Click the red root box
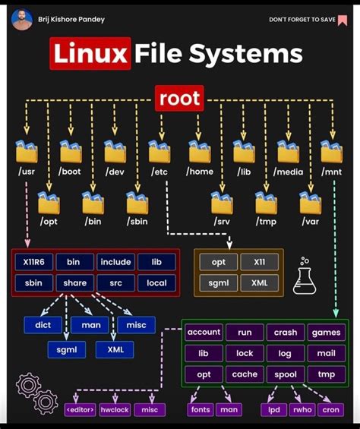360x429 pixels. pos(179,98)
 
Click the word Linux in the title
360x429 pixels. pos(90,54)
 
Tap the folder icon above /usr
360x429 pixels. pos(27,153)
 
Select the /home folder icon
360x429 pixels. pos(201,153)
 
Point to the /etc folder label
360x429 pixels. pos(159,172)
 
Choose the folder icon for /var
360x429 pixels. pos(310,203)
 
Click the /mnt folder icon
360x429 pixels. pos(331,153)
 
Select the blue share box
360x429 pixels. pos(74,283)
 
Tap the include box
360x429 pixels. pos(115,262)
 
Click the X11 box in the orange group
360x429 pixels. pos(259,262)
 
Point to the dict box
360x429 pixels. pos(43,325)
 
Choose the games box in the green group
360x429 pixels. pos(327,333)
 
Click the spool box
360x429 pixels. pos(286,374)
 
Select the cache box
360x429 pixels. pos(245,374)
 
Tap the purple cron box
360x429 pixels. pos(330,409)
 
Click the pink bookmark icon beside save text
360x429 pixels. pos(343,20)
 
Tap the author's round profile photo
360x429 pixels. pos(22,19)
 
